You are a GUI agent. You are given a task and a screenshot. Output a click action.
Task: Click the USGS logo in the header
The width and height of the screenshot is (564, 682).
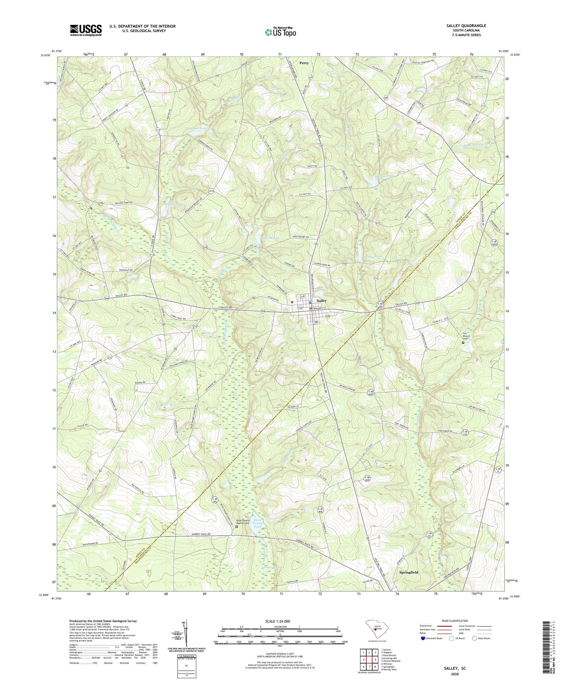pyautogui.click(x=86, y=30)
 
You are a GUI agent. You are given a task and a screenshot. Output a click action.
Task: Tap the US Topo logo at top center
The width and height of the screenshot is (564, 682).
pyautogui.click(x=280, y=32)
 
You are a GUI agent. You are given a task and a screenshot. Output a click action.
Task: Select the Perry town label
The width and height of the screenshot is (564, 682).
pyautogui.click(x=304, y=63)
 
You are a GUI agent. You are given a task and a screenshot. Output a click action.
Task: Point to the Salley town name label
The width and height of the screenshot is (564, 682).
pyautogui.click(x=321, y=301)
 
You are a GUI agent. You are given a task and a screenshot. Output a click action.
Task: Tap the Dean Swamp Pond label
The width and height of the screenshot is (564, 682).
pyautogui.click(x=257, y=523)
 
